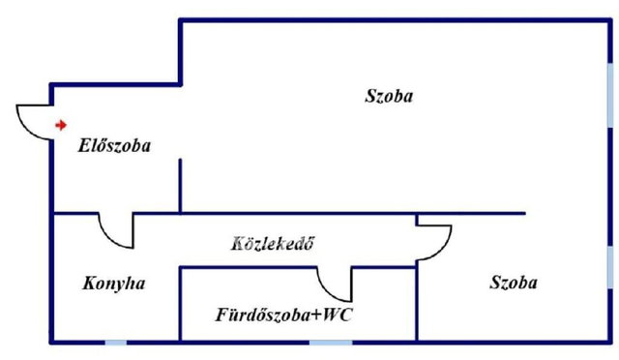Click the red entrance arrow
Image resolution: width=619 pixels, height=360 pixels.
pyautogui.click(x=61, y=125)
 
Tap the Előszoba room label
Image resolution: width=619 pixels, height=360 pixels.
pyautogui.click(x=114, y=146)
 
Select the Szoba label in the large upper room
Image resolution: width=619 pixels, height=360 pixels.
pyautogui.click(x=389, y=96)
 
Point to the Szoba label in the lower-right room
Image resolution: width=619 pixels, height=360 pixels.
pyautogui.click(x=514, y=283)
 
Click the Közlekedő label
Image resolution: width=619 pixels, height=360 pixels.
pyautogui.click(x=273, y=244)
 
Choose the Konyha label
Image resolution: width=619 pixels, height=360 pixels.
pyautogui.click(x=114, y=284)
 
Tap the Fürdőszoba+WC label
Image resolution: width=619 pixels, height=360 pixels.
pyautogui.click(x=283, y=315)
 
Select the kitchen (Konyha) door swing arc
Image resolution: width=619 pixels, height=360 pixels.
pyautogui.click(x=107, y=238)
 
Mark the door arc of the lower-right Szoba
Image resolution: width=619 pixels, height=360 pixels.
pyautogui.click(x=443, y=250)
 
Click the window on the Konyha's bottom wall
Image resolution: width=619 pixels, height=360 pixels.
pyautogui.click(x=116, y=343)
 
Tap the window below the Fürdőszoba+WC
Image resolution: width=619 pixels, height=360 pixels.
pyautogui.click(x=331, y=343)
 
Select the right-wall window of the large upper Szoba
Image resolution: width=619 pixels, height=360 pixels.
pyautogui.click(x=610, y=95)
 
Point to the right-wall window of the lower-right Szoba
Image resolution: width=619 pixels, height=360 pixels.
pyautogui.click(x=610, y=267)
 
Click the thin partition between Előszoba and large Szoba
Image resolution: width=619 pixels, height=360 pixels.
pyautogui.click(x=181, y=186)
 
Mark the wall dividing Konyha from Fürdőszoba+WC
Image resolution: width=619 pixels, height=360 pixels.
pyautogui.click(x=181, y=304)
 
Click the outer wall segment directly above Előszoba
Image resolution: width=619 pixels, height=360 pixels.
pyautogui.click(x=115, y=84)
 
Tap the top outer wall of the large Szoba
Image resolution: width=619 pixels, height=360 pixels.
pyautogui.click(x=396, y=20)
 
